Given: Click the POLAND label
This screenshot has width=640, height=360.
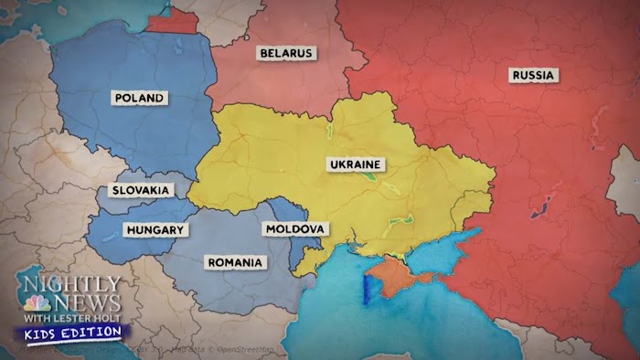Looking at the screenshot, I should coord(140,98).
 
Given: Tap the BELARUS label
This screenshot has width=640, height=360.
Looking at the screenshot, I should coord(286,53).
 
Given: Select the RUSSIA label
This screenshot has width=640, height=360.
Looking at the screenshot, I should coord(532,76).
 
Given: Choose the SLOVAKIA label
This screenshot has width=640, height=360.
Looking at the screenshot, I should coord(140,190).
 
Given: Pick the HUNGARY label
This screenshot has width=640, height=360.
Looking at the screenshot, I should coord(156,229).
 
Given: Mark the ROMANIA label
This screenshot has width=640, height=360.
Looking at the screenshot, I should coord(235,262).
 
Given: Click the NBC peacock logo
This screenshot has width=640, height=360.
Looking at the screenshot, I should coord(37,303).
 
